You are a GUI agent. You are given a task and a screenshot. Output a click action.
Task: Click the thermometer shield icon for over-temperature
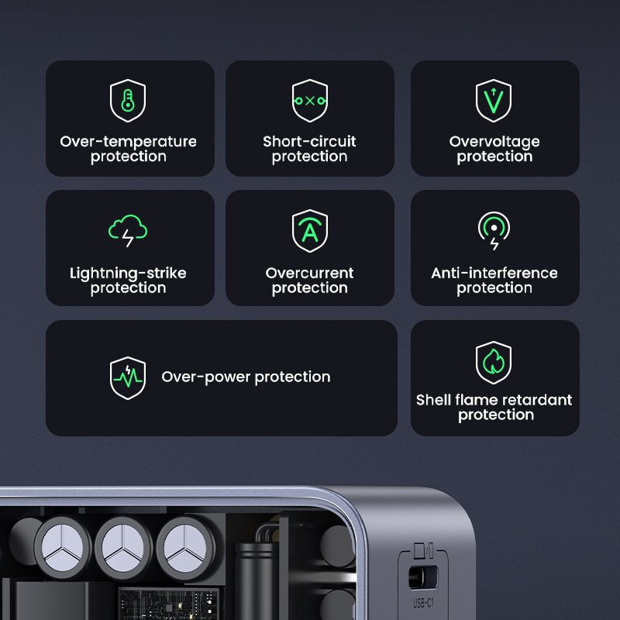(128, 101)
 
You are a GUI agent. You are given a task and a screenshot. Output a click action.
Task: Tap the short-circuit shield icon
(309, 101)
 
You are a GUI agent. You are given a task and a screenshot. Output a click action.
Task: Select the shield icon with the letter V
(494, 101)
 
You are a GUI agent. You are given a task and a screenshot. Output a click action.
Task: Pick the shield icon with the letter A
(309, 231)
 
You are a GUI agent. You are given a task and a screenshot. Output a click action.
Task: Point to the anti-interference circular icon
(494, 230)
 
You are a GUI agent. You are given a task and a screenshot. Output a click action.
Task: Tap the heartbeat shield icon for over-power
(128, 377)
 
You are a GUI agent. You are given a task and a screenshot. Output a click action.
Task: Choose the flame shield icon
(494, 362)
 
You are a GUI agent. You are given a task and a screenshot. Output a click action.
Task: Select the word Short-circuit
(309, 142)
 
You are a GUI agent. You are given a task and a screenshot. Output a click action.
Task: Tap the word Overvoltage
(494, 142)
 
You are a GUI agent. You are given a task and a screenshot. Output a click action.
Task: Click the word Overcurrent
(309, 273)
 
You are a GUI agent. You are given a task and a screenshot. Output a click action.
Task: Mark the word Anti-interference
(494, 273)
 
